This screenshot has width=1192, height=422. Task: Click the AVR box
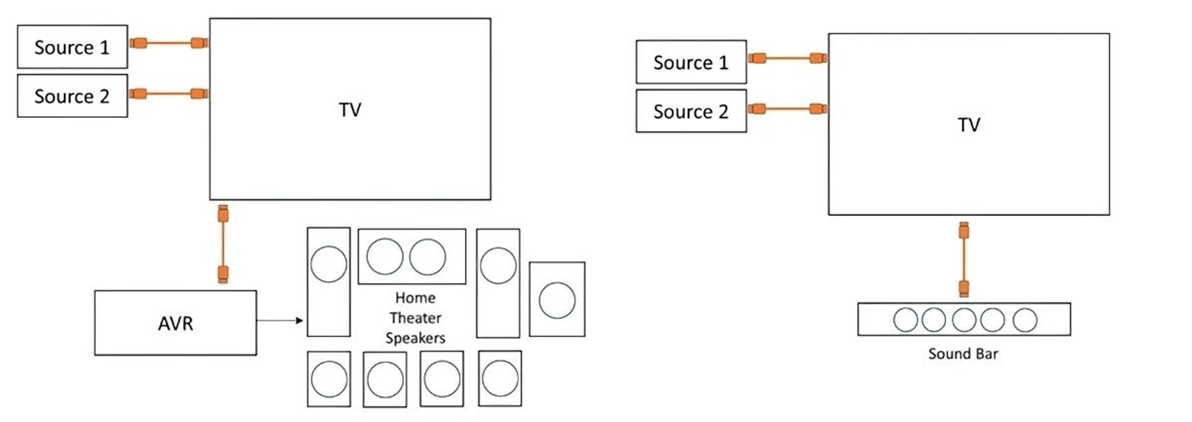pos(175,323)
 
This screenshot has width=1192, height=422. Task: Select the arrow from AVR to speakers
pos(279,320)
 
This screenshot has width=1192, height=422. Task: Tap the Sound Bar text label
pos(963,354)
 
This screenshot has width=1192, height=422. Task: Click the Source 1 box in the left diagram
pos(72,47)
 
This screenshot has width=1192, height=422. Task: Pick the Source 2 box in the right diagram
pos(690,111)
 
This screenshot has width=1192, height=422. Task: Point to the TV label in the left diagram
pos(350,110)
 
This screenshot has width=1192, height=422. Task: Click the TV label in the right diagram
pos(968,125)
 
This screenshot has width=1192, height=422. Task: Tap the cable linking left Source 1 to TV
pos(168,43)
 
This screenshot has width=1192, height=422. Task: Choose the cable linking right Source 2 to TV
pos(787,109)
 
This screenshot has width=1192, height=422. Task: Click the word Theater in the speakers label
pos(415,318)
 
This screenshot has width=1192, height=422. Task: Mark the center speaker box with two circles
pos(412,256)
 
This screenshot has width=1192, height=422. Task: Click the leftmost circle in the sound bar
pos(905,320)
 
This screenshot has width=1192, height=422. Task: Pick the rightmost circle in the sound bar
pos(1024,320)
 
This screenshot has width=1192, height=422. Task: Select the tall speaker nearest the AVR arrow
pos(328,282)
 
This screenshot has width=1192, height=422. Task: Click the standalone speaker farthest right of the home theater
pos(557,299)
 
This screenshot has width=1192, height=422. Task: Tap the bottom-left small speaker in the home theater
pos(328,379)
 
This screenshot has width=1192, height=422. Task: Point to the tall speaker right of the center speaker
pos(498,283)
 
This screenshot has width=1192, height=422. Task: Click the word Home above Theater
pos(415,298)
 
